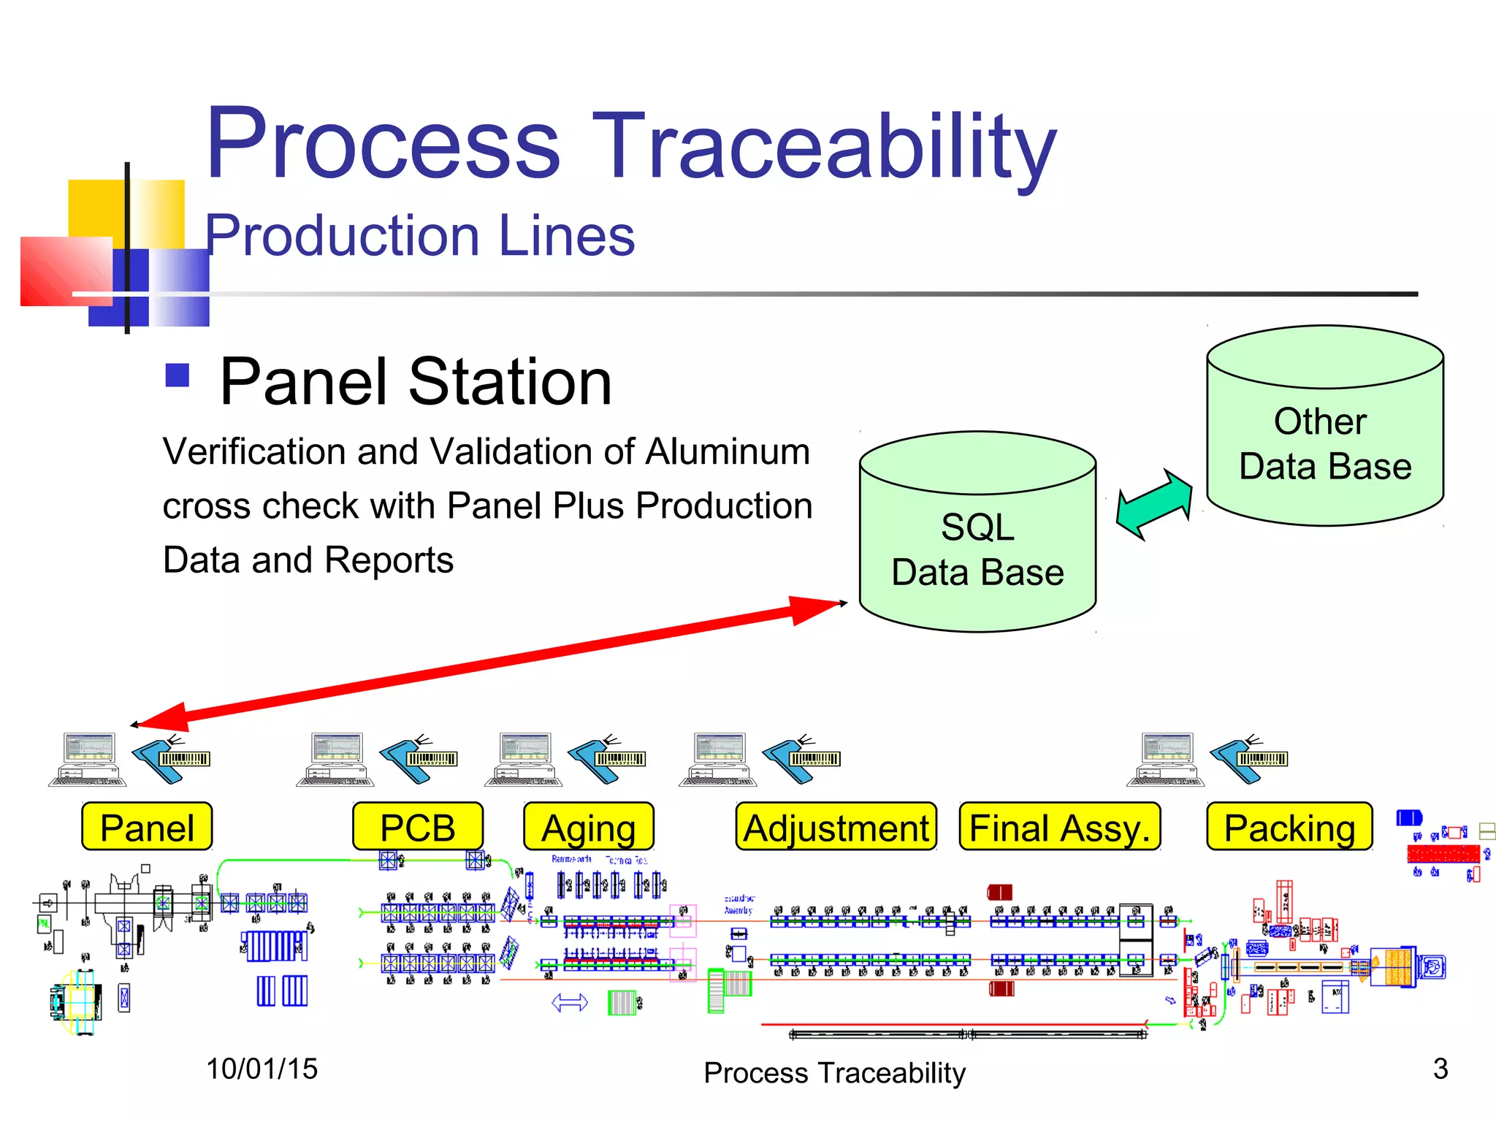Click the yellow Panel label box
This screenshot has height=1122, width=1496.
[147, 827]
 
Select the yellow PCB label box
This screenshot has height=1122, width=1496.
[418, 827]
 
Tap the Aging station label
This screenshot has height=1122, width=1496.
[589, 827]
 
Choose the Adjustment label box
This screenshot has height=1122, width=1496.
[836, 827]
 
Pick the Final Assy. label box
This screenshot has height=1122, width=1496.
[1059, 827]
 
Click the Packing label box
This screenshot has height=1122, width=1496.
[1289, 827]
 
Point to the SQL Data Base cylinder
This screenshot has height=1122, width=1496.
[977, 548]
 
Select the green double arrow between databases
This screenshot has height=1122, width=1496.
[1154, 504]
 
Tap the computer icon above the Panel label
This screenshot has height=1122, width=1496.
[88, 760]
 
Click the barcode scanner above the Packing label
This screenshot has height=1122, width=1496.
[1249, 760]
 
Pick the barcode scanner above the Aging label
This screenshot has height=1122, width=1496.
[606, 760]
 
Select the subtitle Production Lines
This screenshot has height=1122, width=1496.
[420, 236]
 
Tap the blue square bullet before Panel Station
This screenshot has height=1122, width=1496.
[178, 375]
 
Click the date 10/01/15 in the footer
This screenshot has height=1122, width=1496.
[262, 1069]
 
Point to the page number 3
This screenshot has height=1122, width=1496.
[1440, 1069]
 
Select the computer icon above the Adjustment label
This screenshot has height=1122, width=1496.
[719, 760]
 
